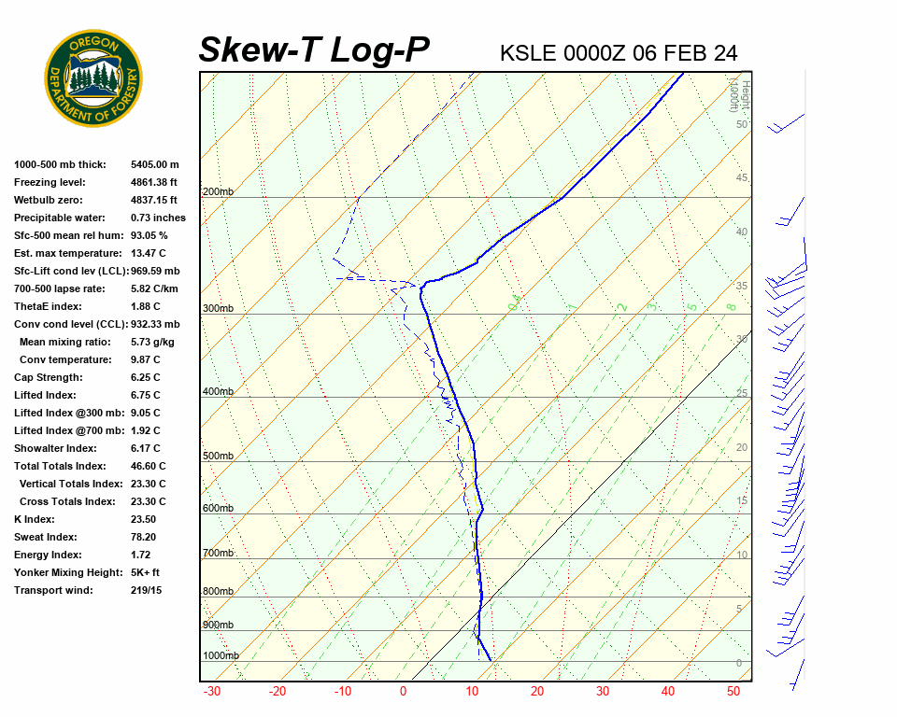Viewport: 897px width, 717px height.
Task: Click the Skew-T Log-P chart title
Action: [x=314, y=50]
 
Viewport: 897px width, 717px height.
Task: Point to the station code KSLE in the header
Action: [x=528, y=53]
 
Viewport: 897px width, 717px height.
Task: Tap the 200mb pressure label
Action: [x=218, y=192]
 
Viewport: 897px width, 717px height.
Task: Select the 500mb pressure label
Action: [x=218, y=457]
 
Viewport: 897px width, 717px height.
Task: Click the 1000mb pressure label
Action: [x=221, y=655]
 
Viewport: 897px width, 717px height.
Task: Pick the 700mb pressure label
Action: [x=218, y=554]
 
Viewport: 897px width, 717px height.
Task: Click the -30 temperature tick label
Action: [x=212, y=692]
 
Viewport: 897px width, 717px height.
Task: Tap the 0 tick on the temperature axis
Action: [x=404, y=692]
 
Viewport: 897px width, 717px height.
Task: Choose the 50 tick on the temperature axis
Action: [x=733, y=692]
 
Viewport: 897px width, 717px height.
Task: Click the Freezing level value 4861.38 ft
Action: [x=154, y=182]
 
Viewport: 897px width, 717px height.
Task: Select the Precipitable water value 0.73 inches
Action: [x=158, y=218]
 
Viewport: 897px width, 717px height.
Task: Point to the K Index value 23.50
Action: [x=144, y=519]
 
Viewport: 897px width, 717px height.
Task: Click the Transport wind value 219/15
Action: [x=146, y=590]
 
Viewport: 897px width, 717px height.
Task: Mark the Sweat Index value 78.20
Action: [x=144, y=537]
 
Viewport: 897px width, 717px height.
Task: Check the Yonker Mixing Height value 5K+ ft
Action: [x=146, y=572]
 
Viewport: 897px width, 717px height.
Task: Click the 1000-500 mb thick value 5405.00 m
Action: [x=155, y=164]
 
